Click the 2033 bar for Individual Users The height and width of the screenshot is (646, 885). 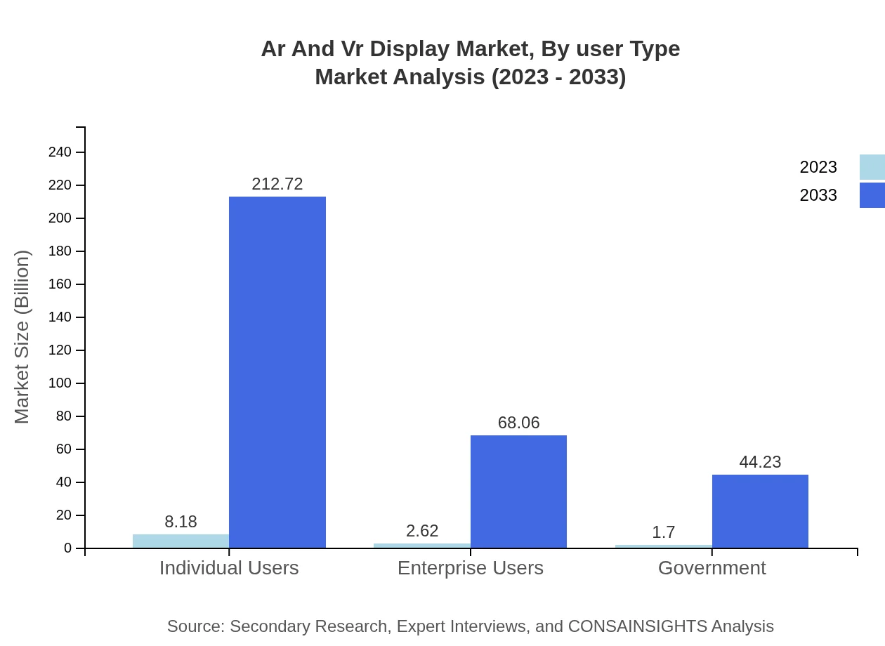pos(277,372)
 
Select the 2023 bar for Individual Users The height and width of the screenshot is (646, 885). pos(181,541)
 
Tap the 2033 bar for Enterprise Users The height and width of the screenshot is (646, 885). pos(518,492)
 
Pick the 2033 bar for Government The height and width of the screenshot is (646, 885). pos(760,511)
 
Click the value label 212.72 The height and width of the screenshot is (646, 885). pos(277,184)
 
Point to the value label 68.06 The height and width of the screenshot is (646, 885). pos(518,423)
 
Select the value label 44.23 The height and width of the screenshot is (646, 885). pos(760,462)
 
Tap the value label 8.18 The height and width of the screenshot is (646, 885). pos(181,522)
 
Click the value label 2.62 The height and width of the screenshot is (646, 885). pos(422,531)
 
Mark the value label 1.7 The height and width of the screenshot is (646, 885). pos(664,532)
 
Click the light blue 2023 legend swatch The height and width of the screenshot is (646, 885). pos(872,167)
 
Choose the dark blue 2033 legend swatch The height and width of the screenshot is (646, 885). pos(872,195)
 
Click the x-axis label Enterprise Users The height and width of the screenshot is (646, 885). pos(471,568)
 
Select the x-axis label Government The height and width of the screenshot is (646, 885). pos(712,568)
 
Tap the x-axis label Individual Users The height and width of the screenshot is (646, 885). pos(229,568)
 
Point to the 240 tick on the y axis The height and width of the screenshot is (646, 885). pos(60,152)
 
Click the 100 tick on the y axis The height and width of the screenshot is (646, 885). pos(60,383)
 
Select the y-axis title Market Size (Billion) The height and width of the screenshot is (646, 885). pos(22,337)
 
